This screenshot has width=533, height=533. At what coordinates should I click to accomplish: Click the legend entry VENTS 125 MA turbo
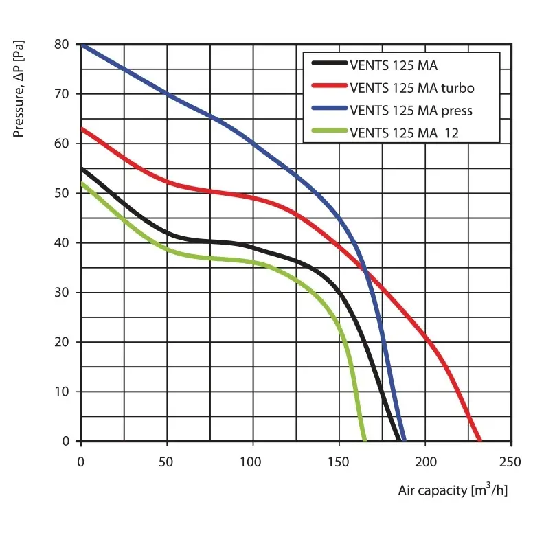click(411, 88)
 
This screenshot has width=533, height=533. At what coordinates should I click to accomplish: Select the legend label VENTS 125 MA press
click(411, 110)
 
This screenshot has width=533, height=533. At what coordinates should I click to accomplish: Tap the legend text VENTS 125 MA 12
click(404, 132)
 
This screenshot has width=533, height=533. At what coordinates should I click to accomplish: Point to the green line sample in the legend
click(329, 131)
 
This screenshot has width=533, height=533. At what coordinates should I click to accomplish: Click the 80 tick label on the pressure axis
click(63, 45)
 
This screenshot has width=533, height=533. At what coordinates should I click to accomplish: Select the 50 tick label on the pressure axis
click(63, 193)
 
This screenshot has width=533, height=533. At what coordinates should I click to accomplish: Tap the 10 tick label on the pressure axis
click(63, 392)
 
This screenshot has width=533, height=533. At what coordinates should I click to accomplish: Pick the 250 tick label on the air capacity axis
click(511, 460)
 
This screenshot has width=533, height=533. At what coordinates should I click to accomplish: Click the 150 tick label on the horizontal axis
click(339, 460)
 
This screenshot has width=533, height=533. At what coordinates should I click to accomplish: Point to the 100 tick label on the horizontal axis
click(253, 460)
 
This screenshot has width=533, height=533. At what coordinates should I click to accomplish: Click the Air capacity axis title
click(453, 490)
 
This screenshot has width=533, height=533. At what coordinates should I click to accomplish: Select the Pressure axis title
click(19, 88)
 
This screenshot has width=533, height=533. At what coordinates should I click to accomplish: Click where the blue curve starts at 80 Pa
click(82, 45)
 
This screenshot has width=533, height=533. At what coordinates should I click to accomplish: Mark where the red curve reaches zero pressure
click(480, 440)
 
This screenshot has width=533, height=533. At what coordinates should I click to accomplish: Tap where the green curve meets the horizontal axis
click(365, 440)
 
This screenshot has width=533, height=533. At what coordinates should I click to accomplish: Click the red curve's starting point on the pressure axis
click(82, 128)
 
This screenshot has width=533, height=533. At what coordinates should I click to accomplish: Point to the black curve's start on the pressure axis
click(82, 168)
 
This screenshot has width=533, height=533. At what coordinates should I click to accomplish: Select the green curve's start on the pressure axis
click(82, 183)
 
